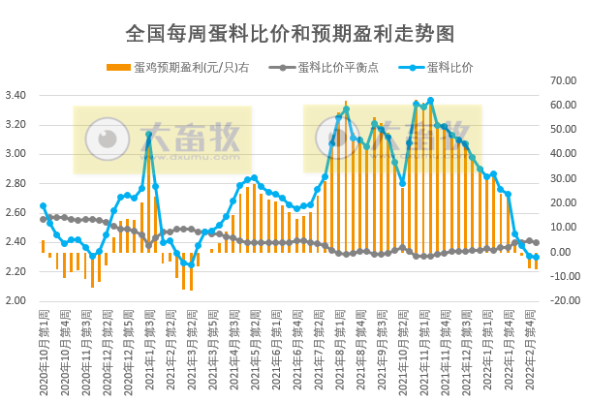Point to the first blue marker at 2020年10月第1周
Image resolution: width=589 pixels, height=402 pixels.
click(x=43, y=205)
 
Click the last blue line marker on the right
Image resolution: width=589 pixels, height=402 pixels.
click(x=536, y=258)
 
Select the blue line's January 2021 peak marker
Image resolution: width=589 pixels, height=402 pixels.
click(x=148, y=136)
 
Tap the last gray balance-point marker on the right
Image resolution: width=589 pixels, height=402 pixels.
click(x=536, y=243)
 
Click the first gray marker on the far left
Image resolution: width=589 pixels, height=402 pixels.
click(x=43, y=220)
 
